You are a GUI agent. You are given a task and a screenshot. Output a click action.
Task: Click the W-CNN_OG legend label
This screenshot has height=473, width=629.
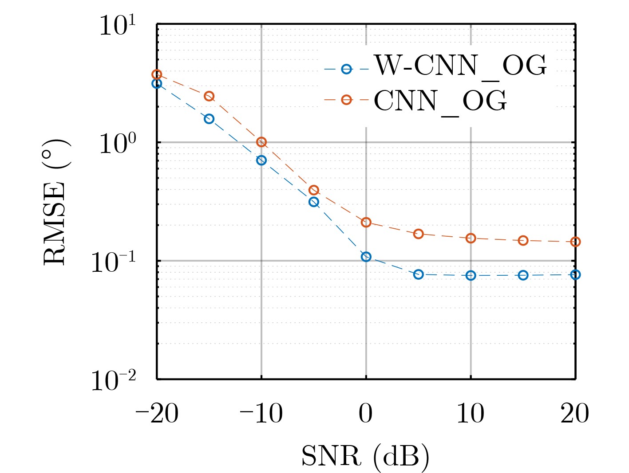tap(460, 66)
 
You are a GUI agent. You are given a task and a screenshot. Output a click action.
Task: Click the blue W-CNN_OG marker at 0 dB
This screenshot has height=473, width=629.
tap(366, 257)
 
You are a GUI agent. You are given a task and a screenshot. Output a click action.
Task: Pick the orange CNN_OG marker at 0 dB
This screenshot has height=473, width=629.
tap(366, 222)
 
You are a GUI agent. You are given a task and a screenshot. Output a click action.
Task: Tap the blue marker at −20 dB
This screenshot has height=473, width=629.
tap(157, 83)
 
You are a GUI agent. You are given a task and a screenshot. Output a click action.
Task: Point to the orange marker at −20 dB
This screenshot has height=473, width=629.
tap(157, 74)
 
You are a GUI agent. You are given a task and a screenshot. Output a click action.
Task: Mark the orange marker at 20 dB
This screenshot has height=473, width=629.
tap(575, 242)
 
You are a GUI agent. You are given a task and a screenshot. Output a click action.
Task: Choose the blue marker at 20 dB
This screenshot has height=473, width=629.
tap(575, 275)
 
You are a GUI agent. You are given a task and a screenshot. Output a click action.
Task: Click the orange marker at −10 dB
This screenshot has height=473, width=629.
tap(261, 142)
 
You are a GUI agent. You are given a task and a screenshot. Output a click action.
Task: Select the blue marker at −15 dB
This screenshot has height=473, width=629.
tap(209, 119)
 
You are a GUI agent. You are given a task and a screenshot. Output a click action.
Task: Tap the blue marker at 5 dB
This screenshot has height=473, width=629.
tap(418, 274)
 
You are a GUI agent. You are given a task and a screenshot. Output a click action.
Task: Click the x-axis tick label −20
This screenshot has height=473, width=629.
tap(157, 414)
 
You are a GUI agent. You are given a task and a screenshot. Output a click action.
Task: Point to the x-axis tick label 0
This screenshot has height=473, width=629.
tap(366, 414)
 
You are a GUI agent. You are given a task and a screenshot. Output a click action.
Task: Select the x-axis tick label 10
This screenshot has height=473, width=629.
tap(471, 414)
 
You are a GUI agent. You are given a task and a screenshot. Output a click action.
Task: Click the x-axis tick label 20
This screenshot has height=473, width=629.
tap(575, 414)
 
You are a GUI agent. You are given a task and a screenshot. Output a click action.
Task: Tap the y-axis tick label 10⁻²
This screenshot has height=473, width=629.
tap(114, 380)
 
